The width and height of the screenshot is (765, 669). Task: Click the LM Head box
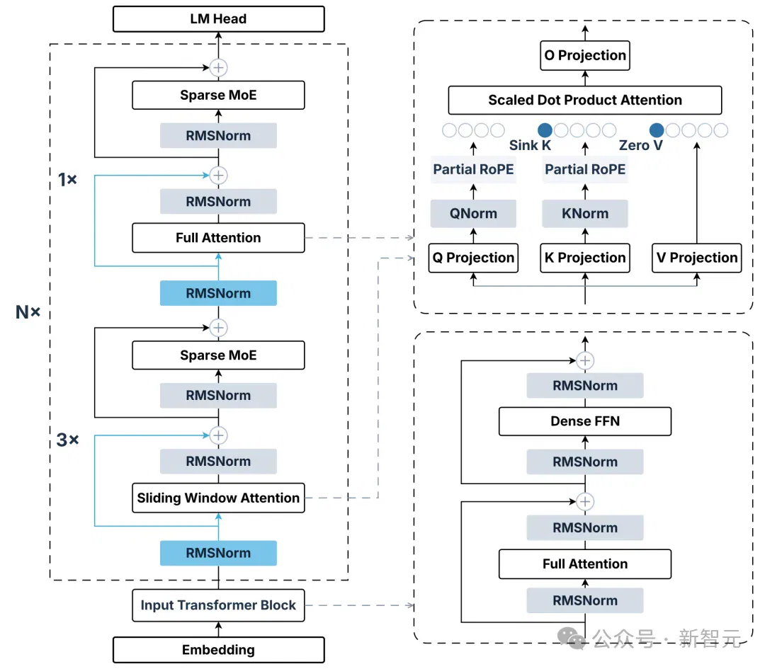(x=219, y=19)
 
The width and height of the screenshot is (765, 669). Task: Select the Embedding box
(x=219, y=649)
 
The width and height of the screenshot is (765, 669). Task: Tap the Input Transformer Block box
(x=219, y=605)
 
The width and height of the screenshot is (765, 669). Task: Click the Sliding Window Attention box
(x=219, y=498)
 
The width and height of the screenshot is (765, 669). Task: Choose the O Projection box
(x=585, y=56)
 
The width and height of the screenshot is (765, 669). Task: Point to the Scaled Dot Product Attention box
(x=585, y=100)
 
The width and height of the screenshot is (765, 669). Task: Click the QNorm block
(x=473, y=214)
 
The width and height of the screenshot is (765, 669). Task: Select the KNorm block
(x=585, y=214)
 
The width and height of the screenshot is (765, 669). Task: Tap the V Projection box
(x=697, y=258)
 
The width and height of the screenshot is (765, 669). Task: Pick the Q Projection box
(x=473, y=258)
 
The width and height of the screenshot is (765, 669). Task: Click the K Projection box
(x=585, y=258)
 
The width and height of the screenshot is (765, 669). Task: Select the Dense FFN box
(x=585, y=421)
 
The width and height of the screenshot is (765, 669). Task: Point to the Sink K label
(x=530, y=145)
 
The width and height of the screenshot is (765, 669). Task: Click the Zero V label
(x=640, y=145)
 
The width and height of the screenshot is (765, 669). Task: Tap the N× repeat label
(x=28, y=312)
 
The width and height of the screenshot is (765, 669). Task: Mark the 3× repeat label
(x=67, y=440)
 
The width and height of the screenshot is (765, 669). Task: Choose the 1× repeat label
(x=67, y=179)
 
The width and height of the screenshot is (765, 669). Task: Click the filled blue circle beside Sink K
(x=545, y=130)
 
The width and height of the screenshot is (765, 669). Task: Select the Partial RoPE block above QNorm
(x=473, y=169)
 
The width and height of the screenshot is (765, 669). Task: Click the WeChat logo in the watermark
(x=572, y=638)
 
